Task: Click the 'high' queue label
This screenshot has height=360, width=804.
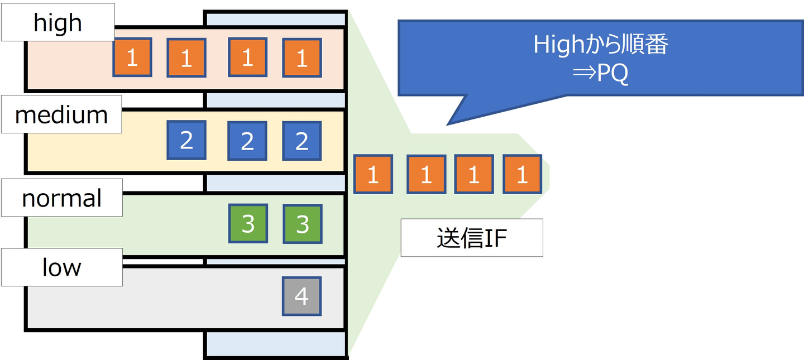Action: tap(58, 22)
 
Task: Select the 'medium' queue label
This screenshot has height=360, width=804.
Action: tap(61, 114)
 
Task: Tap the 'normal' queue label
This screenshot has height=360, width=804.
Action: tap(61, 198)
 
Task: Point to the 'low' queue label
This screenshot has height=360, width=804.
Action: tap(61, 267)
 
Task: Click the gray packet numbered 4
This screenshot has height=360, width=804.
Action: tap(301, 296)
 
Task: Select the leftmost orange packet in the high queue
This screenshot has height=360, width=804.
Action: tap(132, 57)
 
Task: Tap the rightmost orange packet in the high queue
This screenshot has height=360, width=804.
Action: tap(302, 57)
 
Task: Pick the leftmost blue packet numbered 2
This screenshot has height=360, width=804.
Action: tap(186, 140)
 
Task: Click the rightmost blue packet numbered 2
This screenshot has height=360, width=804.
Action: tap(302, 141)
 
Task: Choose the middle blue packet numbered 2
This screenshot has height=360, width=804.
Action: tap(247, 141)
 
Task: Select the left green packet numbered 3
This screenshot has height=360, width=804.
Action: tap(248, 223)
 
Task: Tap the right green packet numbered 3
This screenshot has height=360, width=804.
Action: tap(302, 224)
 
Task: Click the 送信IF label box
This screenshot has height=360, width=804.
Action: tap(472, 238)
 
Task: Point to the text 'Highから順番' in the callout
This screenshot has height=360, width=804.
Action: tap(600, 45)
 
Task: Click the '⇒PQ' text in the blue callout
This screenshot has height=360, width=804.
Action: tap(600, 73)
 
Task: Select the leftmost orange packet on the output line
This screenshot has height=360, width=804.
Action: tap(374, 175)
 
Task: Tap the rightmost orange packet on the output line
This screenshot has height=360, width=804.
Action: tap(522, 175)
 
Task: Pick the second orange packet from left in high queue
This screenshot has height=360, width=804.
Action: tap(186, 57)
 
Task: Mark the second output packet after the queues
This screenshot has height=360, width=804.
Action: tap(426, 175)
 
